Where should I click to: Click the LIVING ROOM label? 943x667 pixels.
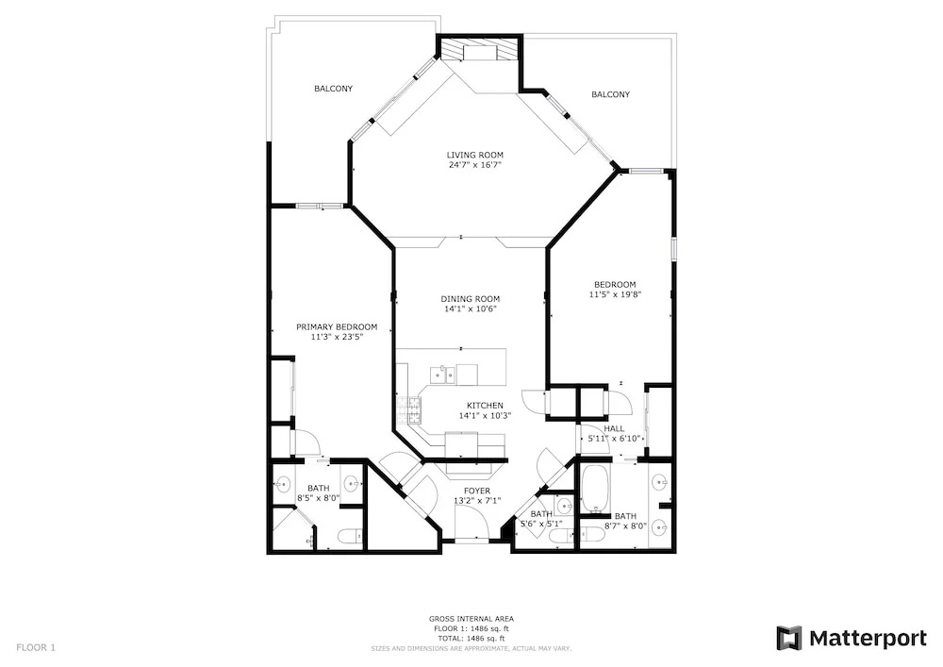tap(474, 155)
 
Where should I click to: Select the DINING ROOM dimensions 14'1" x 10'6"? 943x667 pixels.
tap(471, 309)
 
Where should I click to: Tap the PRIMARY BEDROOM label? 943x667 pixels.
tap(337, 326)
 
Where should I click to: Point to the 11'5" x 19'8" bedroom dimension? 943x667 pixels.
tap(615, 294)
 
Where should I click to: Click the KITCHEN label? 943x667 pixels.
tap(486, 406)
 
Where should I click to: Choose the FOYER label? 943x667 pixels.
tap(477, 491)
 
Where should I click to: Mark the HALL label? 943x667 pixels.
tap(614, 428)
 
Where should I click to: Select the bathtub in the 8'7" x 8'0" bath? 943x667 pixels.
tap(596, 489)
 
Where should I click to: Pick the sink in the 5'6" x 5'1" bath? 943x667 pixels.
tap(564, 503)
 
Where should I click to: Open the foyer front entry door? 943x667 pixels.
tap(472, 523)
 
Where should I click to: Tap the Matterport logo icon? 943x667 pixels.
tap(789, 638)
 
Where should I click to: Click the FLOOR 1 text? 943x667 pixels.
tap(36, 648)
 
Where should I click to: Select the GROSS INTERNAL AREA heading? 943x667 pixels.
tap(471, 618)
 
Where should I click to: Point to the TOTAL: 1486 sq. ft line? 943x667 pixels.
tap(471, 638)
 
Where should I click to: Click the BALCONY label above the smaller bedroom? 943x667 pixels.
tap(610, 94)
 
